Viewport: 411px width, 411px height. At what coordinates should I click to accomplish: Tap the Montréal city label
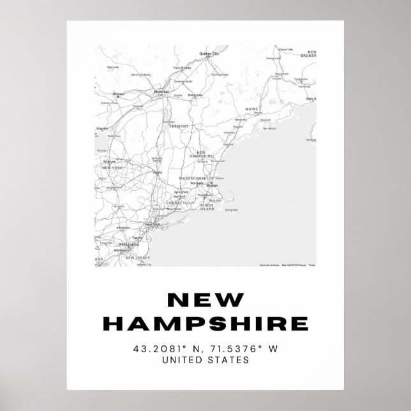pyautogui.click(x=161, y=91)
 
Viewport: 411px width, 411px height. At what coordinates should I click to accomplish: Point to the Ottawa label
pyautogui.click(x=118, y=94)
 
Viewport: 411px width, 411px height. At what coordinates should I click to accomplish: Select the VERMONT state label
pyautogui.click(x=179, y=126)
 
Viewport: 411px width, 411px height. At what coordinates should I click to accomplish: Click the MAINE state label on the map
pyautogui.click(x=253, y=108)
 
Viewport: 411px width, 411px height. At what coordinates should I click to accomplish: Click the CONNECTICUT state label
pyautogui.click(x=180, y=202)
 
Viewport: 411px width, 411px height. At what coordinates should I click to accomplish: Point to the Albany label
pyautogui.click(x=158, y=172)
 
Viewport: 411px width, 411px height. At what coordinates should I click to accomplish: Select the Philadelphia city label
pyautogui.click(x=128, y=244)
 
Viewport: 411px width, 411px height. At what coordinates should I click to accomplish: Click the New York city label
pyautogui.click(x=152, y=225)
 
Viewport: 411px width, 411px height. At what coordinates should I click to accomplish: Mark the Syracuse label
pyautogui.click(x=109, y=162)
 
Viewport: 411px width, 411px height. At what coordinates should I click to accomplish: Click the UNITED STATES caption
pyautogui.click(x=205, y=361)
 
